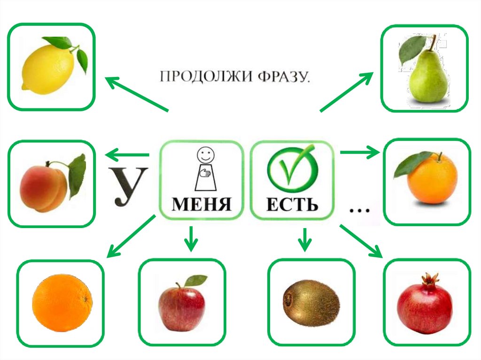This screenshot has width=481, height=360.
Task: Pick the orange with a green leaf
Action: pos(430,178)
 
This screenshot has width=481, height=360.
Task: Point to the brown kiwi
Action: pos(310,303)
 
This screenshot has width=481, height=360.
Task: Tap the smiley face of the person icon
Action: pos(204,154)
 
